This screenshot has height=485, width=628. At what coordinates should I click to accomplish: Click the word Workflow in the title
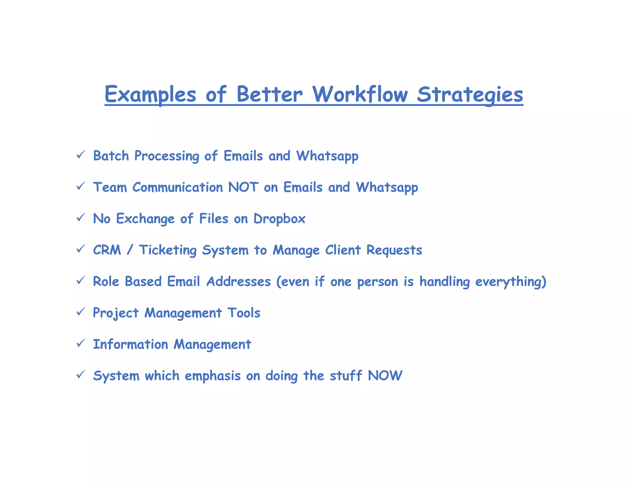360,94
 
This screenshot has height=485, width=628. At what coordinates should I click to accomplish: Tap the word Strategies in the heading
470,95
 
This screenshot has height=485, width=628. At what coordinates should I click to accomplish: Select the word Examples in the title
150,95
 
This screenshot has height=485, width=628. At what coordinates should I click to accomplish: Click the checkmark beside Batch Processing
80,155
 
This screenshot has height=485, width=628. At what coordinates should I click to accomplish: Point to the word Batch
111,156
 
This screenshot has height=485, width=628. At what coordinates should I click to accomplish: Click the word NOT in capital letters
243,187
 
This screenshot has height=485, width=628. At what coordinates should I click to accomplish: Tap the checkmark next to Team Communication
80,186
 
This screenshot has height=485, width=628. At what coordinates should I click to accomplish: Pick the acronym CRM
107,250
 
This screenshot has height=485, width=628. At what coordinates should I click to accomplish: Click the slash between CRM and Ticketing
130,250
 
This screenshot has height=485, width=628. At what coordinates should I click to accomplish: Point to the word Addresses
239,281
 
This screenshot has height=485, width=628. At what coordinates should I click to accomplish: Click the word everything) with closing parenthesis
511,282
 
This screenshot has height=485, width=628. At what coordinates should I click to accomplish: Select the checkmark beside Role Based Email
80,280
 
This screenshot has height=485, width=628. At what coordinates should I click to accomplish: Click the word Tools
244,313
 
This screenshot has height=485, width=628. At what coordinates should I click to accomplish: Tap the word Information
131,344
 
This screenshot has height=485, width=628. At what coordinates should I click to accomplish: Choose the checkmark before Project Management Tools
80,312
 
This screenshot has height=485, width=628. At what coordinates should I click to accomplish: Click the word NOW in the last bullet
385,376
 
